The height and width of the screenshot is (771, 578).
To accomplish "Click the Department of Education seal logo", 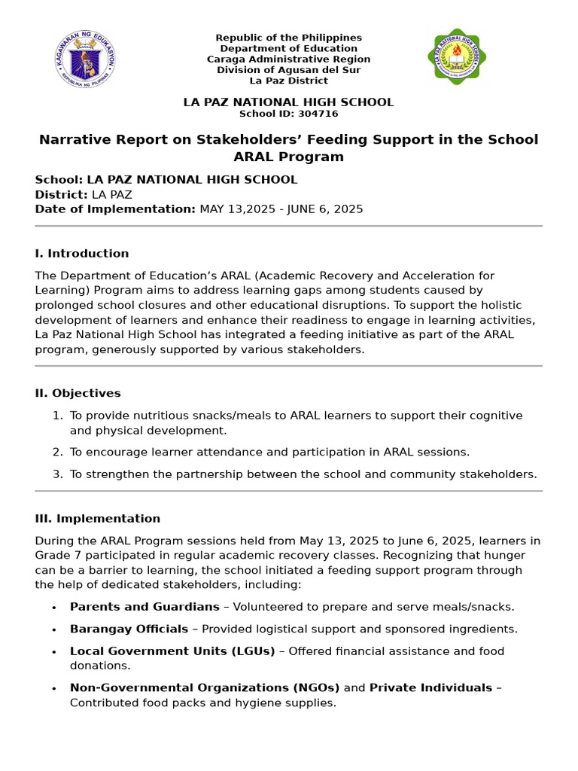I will click(86, 58).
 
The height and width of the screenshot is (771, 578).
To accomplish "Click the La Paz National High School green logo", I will click(457, 57).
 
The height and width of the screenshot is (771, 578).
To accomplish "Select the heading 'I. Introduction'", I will click(82, 253).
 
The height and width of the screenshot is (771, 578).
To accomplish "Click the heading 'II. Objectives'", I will click(78, 393).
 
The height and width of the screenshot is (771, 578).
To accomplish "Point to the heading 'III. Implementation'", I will click(97, 518).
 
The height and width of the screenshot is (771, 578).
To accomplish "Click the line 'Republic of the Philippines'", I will click(288, 38).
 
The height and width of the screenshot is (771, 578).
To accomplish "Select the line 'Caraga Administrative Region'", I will click(288, 59).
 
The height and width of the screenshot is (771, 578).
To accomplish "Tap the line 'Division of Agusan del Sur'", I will click(288, 70).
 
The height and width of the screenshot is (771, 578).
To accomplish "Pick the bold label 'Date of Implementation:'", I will click(115, 209).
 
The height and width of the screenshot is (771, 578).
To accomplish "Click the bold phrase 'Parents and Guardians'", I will click(144, 606).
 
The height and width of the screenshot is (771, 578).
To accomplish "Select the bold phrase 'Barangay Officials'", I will click(129, 629).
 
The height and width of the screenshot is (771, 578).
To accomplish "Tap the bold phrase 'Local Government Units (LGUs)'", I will click(172, 651).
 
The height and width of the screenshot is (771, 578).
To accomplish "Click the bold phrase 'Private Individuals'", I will click(430, 687).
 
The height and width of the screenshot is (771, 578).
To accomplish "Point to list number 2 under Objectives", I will click(57, 452).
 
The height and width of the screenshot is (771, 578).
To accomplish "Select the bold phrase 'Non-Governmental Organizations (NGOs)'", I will click(205, 687).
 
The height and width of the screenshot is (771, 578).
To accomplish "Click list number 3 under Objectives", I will click(57, 474).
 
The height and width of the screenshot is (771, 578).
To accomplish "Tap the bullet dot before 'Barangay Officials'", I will click(53, 629).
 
